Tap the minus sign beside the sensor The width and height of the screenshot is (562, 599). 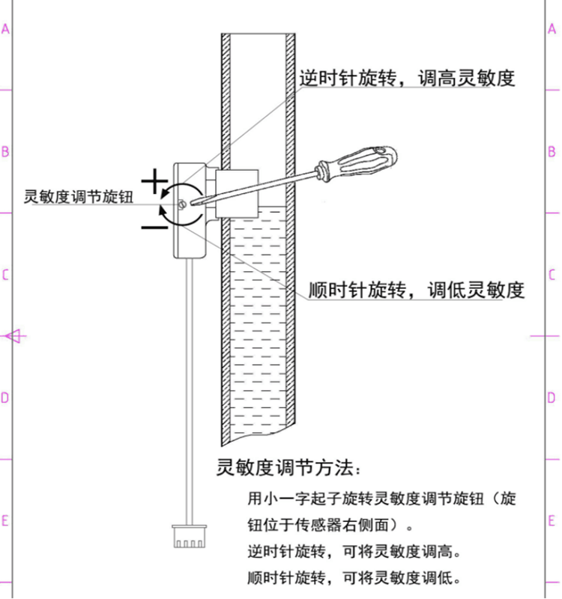point(155,224)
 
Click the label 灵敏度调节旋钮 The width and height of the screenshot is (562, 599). point(79,198)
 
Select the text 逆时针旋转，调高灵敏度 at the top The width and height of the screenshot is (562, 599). point(407,78)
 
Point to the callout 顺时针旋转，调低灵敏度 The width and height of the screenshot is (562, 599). point(416,291)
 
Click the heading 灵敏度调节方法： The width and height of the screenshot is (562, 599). point(288,469)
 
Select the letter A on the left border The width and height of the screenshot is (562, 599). point(6,29)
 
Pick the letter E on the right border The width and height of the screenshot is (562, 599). point(552,520)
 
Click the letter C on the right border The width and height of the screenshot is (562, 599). point(552,275)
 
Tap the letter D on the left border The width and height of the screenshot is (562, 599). point(6,398)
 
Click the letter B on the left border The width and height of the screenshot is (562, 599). point(6,152)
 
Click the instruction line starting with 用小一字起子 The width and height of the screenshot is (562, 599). point(382,498)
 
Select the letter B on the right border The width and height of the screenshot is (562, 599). point(552,152)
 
